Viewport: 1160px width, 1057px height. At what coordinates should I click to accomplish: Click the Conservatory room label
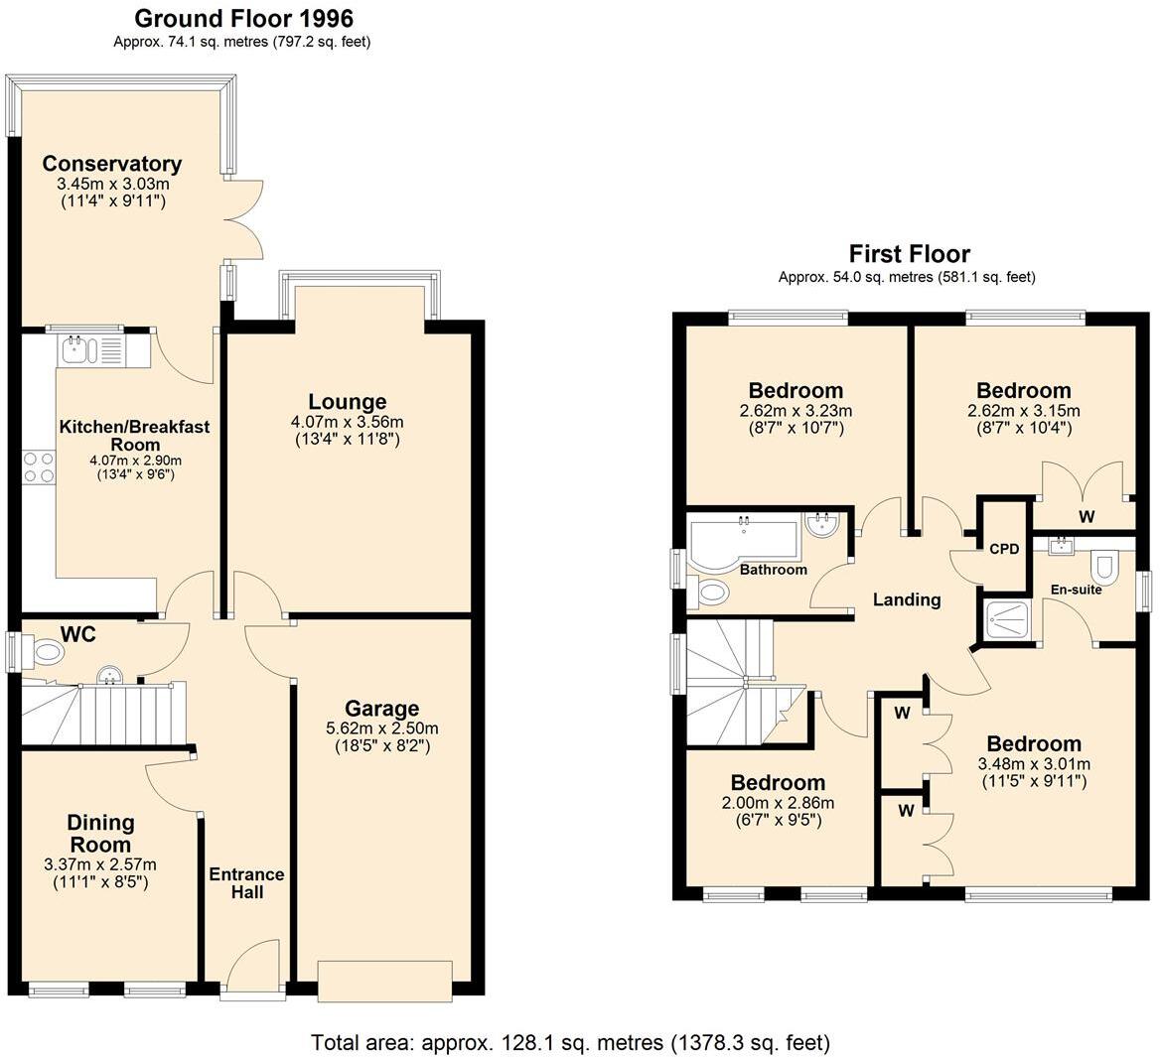click(111, 164)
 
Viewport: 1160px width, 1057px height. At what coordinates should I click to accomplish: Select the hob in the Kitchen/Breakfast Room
click(38, 466)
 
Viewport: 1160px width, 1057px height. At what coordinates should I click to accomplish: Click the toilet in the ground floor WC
click(45, 652)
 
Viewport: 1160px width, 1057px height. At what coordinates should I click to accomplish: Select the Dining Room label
click(100, 833)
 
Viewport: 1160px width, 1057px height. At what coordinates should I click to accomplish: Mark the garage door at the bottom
click(385, 979)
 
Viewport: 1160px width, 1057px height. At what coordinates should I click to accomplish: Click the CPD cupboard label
click(1004, 549)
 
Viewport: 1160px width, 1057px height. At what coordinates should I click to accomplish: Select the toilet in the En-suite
click(1103, 570)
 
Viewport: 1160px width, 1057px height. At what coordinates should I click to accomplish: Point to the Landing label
click(906, 599)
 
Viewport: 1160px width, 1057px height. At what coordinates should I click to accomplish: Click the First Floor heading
click(909, 254)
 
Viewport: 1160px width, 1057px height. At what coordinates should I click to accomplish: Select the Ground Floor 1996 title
click(243, 18)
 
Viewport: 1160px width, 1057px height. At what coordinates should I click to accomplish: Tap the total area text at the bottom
click(570, 1042)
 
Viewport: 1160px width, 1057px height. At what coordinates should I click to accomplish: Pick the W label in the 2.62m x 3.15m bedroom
click(1087, 517)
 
